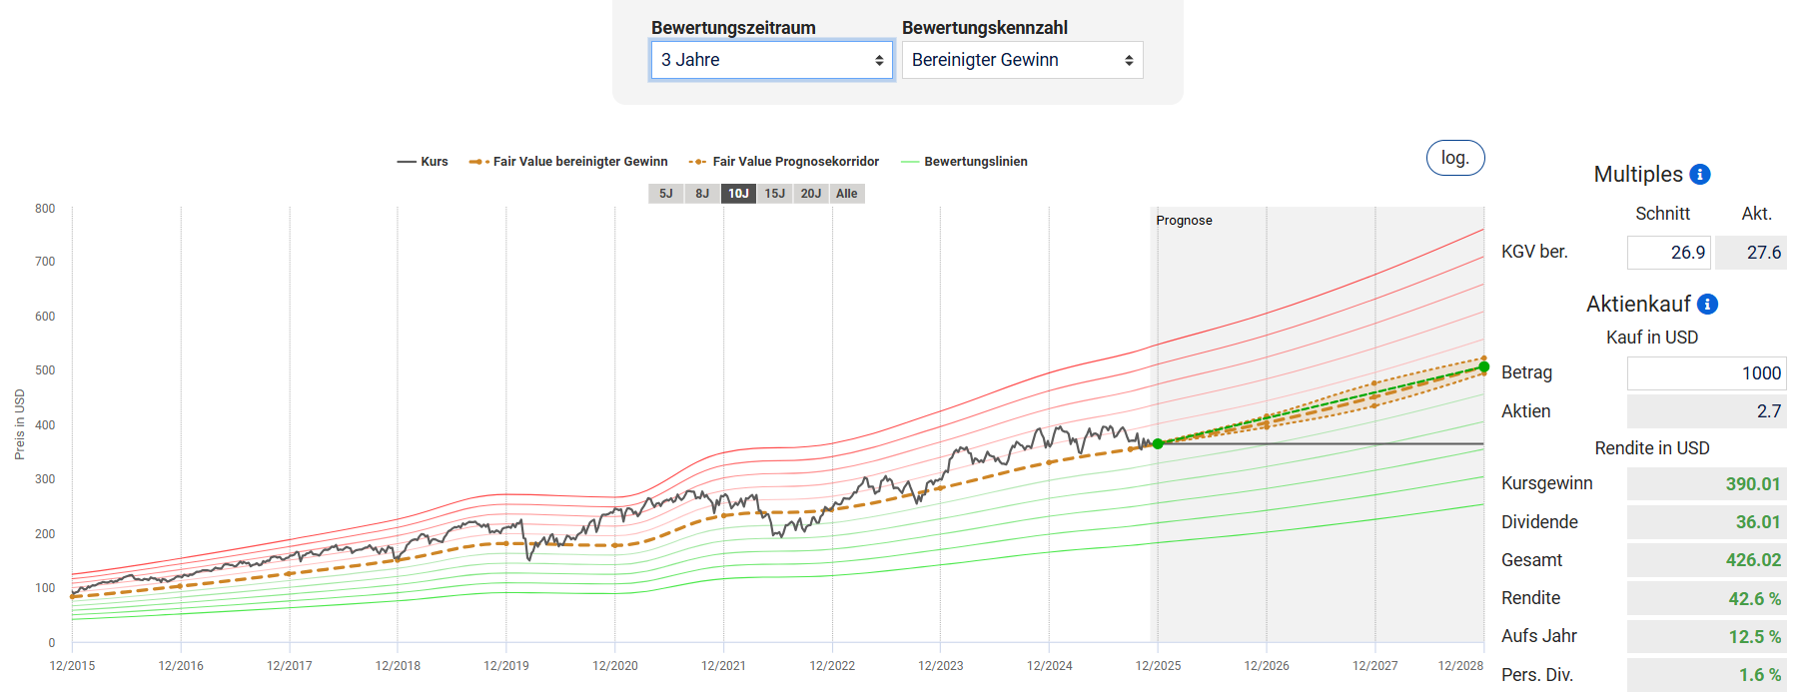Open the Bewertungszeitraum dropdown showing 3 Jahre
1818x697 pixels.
[x=771, y=60]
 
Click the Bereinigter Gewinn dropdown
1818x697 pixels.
[x=1022, y=60]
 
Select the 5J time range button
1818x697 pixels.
[x=665, y=194]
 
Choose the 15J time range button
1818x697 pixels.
[x=774, y=194]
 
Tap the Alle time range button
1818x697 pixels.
[x=847, y=194]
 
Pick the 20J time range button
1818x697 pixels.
[x=810, y=194]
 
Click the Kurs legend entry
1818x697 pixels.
[x=423, y=162]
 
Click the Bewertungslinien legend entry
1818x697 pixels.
[x=964, y=162]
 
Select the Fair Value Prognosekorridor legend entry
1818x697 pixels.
[x=784, y=162]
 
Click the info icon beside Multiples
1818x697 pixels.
[x=1700, y=175]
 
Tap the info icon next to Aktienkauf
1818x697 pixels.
[x=1708, y=305]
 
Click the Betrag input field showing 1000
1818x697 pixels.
[x=1706, y=373]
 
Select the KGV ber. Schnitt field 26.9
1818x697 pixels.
[x=1668, y=253]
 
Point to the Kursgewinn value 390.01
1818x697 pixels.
[x=1752, y=484]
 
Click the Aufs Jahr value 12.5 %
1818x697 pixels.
[x=1754, y=637]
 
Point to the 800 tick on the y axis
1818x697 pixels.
[x=45, y=209]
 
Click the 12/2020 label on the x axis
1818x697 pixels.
[x=615, y=666]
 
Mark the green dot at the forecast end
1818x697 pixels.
[x=1484, y=367]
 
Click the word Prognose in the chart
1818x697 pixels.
[x=1184, y=221]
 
